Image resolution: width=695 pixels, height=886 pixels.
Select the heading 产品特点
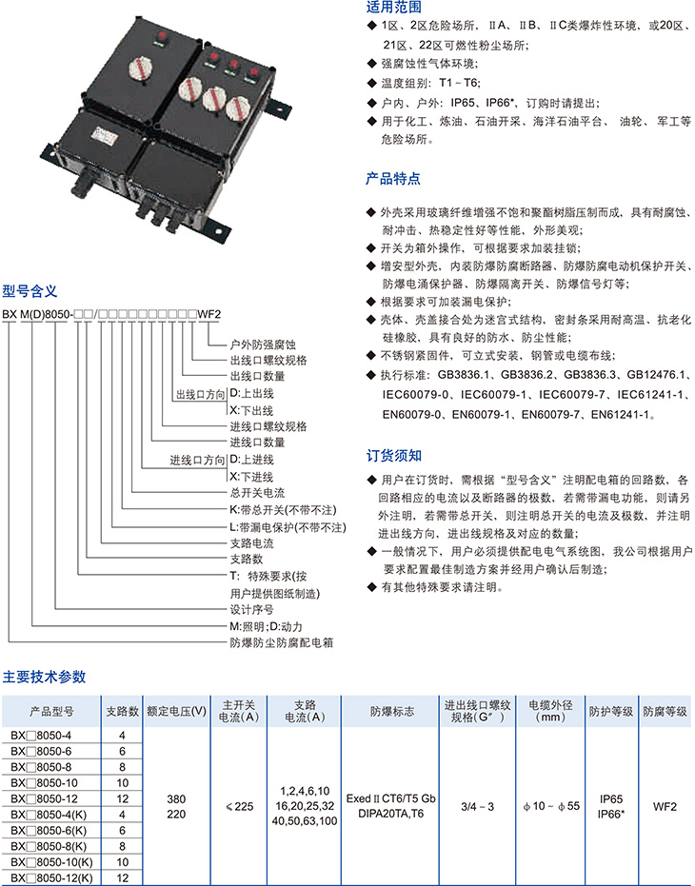(x=393, y=178)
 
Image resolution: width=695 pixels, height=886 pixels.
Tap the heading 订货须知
(x=393, y=455)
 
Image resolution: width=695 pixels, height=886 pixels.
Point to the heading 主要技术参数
(x=45, y=677)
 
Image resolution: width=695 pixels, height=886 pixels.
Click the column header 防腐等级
(x=665, y=711)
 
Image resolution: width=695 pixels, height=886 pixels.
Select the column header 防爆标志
(x=389, y=711)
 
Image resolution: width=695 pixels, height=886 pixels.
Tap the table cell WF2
(x=665, y=805)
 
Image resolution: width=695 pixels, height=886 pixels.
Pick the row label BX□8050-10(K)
(x=56, y=861)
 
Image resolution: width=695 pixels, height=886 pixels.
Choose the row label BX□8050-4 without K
(x=49, y=735)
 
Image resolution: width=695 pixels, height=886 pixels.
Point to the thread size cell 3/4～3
(x=477, y=805)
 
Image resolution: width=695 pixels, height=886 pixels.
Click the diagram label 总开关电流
(x=257, y=492)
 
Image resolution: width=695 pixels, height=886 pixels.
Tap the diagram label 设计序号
(x=251, y=609)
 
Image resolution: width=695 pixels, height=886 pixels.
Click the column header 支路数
(x=122, y=711)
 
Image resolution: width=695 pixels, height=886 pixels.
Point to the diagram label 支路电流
(x=251, y=542)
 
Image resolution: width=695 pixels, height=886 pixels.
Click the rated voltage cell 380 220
(x=176, y=805)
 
